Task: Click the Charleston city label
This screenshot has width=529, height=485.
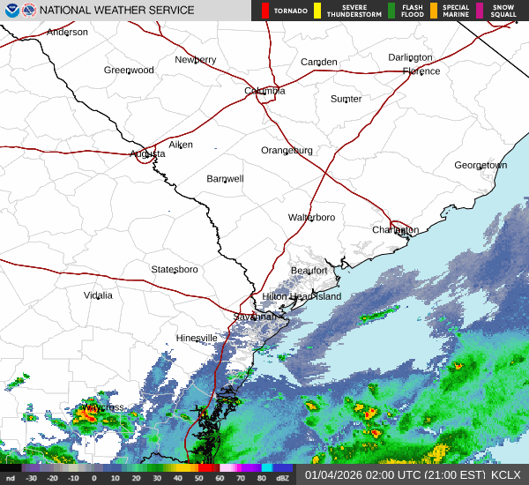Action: click(x=395, y=230)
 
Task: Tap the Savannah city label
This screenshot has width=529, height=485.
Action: click(x=255, y=317)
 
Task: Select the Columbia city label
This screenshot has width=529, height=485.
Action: click(x=264, y=91)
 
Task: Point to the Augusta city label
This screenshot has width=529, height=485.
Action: click(x=147, y=153)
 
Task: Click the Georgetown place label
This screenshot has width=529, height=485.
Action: click(x=481, y=166)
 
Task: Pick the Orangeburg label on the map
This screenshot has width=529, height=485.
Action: click(x=287, y=151)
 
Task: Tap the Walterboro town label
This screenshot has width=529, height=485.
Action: click(x=311, y=217)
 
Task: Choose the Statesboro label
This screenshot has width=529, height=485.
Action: click(x=175, y=269)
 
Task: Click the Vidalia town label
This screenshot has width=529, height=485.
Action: click(x=98, y=295)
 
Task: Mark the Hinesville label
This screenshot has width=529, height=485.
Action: click(x=197, y=339)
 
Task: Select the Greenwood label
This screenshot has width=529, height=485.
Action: click(x=129, y=71)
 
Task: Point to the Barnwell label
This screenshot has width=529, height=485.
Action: click(x=225, y=179)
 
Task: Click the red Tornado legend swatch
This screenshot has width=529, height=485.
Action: click(x=264, y=11)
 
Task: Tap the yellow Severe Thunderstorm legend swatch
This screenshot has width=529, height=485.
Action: click(x=317, y=11)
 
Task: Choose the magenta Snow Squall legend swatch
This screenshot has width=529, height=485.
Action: click(x=479, y=11)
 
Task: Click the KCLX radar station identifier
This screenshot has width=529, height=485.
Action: click(x=506, y=474)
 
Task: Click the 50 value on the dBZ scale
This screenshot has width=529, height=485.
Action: click(x=200, y=479)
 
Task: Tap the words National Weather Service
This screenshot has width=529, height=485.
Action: click(x=117, y=11)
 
